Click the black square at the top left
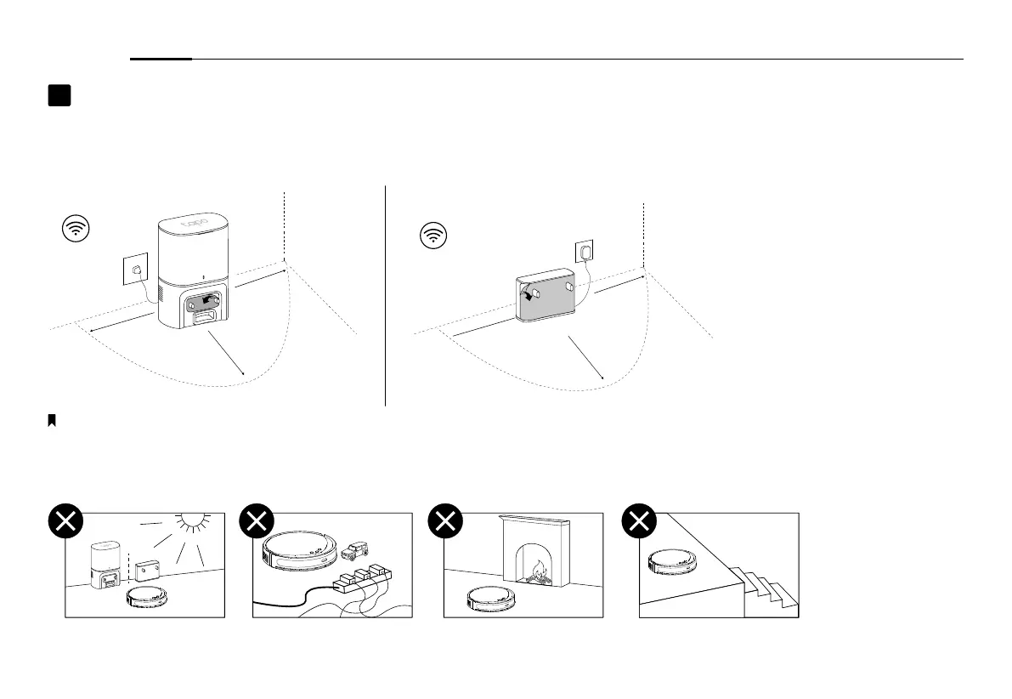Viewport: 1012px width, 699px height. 59,95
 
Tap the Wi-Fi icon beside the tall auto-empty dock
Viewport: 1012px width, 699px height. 77,229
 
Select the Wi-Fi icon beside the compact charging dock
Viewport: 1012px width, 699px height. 435,234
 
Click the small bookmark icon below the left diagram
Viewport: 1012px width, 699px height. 52,420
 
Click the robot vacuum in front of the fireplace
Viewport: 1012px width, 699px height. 493,600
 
